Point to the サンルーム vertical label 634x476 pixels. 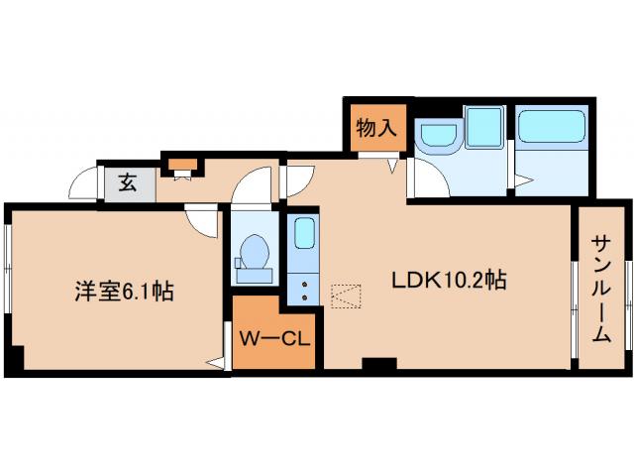(601, 289)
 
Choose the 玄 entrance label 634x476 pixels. (129, 182)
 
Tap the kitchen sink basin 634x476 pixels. (304, 234)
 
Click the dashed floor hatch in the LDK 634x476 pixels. (347, 296)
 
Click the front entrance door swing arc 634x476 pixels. (83, 182)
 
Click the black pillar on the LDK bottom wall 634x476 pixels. (376, 364)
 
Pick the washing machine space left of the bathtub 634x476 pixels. (484, 127)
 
